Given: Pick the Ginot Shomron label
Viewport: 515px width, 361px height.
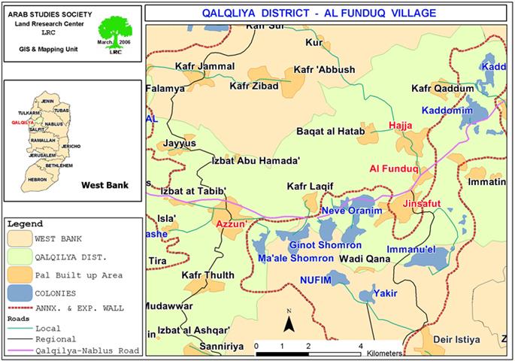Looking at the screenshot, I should coord(326,245).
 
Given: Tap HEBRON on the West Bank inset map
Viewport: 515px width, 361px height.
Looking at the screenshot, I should coord(37,180).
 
